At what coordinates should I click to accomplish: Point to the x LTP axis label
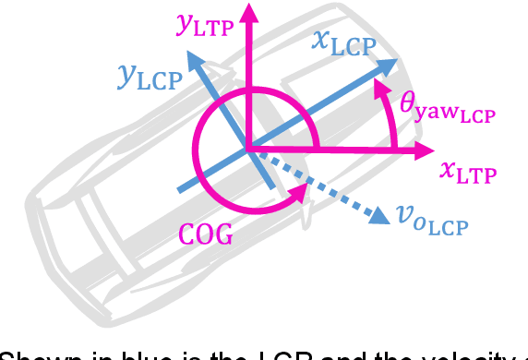pos(469,171)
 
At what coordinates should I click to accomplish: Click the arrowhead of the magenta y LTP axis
pos(247,12)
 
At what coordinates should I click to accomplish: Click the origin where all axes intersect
pos(247,148)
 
